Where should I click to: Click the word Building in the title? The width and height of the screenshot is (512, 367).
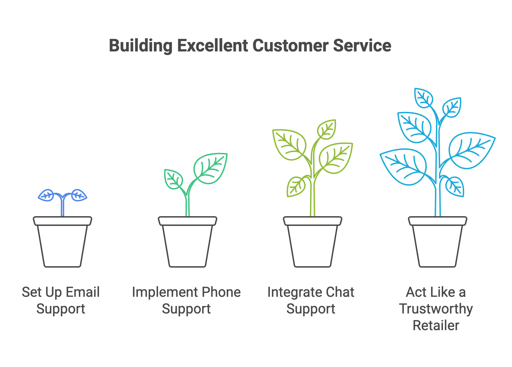click(140, 46)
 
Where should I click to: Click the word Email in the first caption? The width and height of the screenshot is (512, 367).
click(83, 292)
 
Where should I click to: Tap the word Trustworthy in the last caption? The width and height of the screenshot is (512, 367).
click(436, 309)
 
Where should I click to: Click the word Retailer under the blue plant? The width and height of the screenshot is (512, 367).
click(436, 326)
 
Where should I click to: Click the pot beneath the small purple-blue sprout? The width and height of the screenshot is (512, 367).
click(63, 243)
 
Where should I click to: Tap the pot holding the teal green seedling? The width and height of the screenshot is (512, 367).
click(188, 243)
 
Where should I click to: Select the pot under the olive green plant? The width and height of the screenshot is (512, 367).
click(313, 243)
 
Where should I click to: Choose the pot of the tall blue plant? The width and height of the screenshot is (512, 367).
click(438, 243)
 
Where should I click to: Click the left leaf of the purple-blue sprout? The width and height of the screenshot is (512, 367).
click(46, 196)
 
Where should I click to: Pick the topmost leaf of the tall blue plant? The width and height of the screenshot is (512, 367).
click(424, 98)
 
